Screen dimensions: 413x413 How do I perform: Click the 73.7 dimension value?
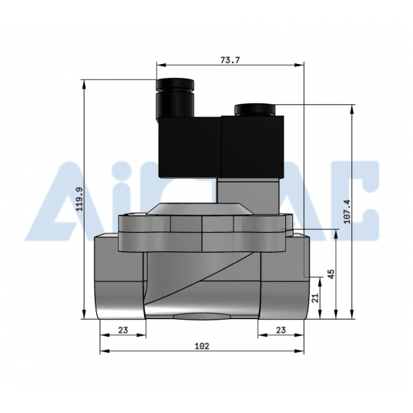point(230,59)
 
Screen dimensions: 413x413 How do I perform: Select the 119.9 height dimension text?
point(74,200)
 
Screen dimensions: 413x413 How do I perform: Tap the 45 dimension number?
point(331,274)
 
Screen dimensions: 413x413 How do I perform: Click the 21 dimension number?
point(314,297)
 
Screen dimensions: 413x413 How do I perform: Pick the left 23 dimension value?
point(123,330)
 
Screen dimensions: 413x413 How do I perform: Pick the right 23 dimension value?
point(280,330)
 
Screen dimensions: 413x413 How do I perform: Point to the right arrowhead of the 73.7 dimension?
point(304,65)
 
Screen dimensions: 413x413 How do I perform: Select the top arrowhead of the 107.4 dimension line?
point(354,109)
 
